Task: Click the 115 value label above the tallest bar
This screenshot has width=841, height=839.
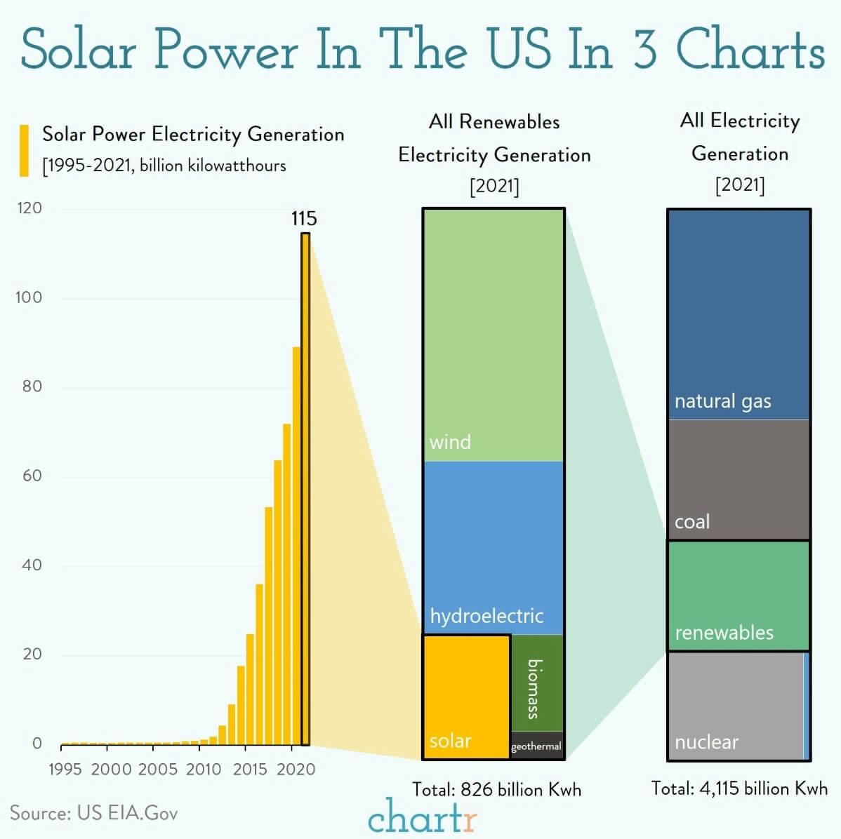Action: [304, 219]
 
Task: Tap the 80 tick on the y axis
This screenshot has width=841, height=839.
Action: [32, 387]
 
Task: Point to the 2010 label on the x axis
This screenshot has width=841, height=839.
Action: [204, 770]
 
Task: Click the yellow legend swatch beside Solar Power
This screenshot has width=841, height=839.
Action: [25, 150]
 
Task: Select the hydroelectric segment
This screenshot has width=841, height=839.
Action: [494, 548]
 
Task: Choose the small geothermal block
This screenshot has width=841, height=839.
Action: [537, 746]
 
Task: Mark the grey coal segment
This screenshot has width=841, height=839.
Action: [739, 480]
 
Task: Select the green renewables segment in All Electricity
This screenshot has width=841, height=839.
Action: [739, 596]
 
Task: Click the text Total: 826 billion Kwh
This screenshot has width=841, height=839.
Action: [496, 790]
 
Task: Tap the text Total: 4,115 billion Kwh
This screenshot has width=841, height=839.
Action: [739, 788]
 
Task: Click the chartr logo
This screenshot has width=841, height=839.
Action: [423, 817]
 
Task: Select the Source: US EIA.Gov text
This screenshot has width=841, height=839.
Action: [94, 813]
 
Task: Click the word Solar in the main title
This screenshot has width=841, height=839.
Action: [77, 49]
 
